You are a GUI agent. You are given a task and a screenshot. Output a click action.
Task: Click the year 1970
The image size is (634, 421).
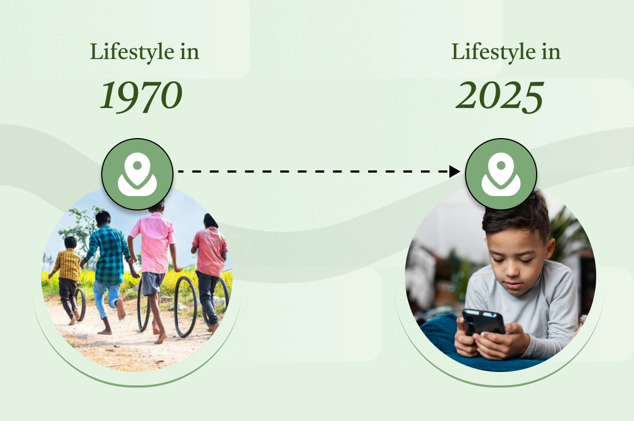tap(141, 96)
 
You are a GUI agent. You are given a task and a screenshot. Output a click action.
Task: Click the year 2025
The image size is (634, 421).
tap(500, 96)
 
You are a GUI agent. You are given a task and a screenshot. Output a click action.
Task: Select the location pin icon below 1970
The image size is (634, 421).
tap(137, 174)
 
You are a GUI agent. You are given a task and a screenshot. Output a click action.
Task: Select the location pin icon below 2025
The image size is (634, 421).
tap(501, 174)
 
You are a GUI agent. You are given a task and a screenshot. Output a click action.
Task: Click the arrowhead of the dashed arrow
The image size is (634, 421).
tap(455, 172)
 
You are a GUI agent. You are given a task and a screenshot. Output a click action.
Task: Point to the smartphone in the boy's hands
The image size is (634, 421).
tap(483, 322)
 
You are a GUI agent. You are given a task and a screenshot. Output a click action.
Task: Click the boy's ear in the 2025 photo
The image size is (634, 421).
tap(549, 248)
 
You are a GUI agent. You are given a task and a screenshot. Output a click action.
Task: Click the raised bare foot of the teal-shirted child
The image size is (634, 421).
tap(121, 309)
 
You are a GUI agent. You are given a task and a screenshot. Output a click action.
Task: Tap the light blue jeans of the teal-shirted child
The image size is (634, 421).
tap(106, 297)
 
